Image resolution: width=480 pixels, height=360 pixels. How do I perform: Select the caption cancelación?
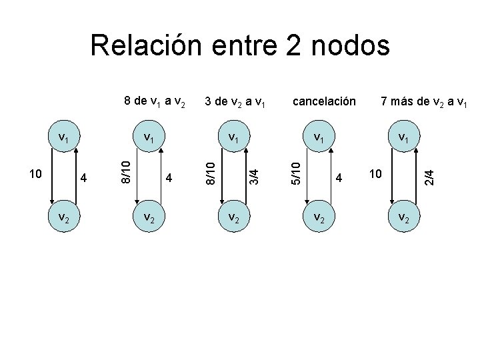323,101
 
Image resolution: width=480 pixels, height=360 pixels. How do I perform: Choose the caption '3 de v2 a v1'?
235,101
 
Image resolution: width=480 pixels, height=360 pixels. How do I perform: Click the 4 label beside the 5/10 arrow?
339,178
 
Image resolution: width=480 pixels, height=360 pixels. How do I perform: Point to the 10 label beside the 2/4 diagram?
376,174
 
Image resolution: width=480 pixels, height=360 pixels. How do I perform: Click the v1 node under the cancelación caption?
319,139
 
